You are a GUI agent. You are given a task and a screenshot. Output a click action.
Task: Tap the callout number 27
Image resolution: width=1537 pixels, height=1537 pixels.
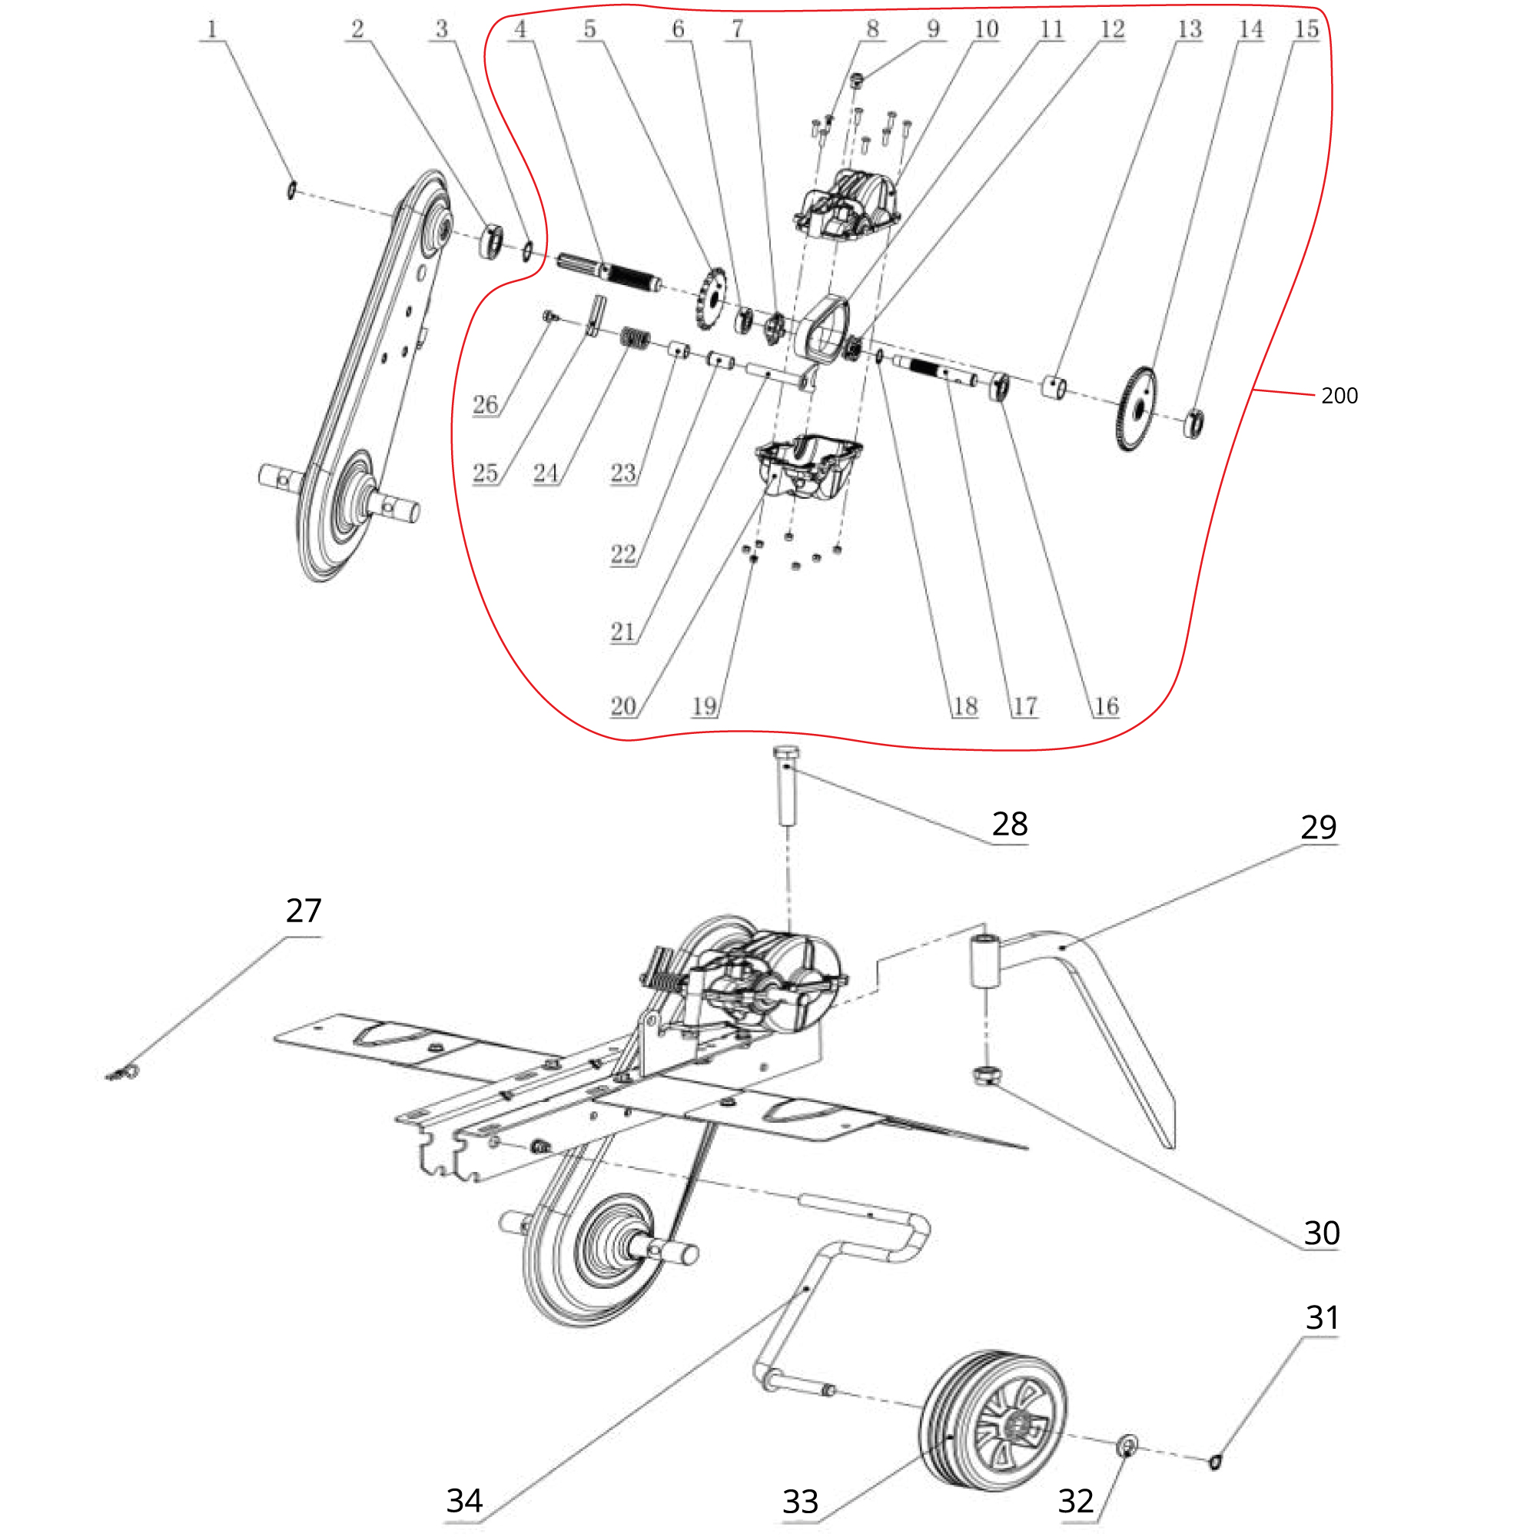[303, 911]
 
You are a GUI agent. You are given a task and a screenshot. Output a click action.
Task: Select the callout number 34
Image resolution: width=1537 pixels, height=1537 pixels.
[464, 1500]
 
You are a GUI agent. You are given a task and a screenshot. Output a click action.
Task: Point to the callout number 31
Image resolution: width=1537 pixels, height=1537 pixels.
[1321, 1318]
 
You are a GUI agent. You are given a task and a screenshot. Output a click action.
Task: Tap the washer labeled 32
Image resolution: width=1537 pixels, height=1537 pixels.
[1127, 1445]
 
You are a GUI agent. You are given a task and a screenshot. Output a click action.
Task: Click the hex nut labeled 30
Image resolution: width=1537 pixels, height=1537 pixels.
[986, 1077]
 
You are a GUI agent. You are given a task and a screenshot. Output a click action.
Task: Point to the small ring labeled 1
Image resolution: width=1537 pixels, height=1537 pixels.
[292, 190]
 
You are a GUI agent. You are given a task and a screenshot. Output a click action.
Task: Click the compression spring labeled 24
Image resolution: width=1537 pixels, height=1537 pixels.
[634, 339]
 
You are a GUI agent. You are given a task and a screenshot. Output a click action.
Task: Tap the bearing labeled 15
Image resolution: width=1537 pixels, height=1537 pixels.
[1193, 423]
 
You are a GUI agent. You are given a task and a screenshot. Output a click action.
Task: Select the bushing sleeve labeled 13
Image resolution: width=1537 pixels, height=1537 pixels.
[1054, 388]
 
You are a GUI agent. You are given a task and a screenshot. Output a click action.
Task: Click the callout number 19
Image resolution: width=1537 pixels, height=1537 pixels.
[704, 705]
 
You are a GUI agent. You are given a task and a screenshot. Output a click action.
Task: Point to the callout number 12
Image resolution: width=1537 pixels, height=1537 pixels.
[1112, 29]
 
